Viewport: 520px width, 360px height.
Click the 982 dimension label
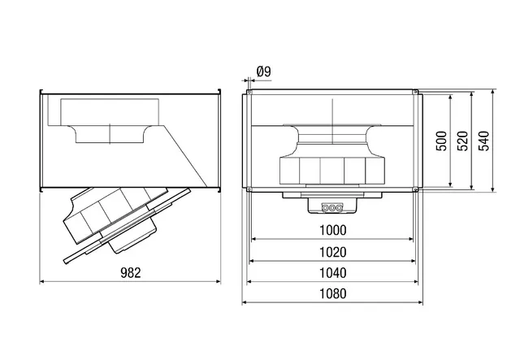[x=130, y=272]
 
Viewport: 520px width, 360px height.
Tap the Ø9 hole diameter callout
[x=263, y=72]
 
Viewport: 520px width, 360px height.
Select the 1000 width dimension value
[x=332, y=230]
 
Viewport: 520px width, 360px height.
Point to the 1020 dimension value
[x=332, y=252]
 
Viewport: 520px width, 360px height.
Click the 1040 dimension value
[x=332, y=273]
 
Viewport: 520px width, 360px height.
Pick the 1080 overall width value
[x=332, y=293]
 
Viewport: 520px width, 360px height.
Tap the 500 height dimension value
[x=441, y=141]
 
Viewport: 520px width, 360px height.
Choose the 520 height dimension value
[x=462, y=141]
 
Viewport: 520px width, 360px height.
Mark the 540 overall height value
[x=484, y=141]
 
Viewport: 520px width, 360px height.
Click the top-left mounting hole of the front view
[x=249, y=92]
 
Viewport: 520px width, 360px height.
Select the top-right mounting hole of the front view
[x=415, y=92]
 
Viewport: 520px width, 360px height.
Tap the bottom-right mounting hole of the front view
[x=415, y=189]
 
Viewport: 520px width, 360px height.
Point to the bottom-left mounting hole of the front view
[x=249, y=189]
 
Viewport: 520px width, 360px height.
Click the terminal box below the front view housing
[x=332, y=206]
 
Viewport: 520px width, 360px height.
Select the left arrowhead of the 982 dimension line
[x=41, y=282]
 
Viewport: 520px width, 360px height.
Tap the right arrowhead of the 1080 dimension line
[x=421, y=302]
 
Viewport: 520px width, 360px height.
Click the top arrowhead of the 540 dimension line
[x=493, y=92]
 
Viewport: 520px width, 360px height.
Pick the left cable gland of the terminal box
[x=325, y=208]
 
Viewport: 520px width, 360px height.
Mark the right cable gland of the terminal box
[x=339, y=208]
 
